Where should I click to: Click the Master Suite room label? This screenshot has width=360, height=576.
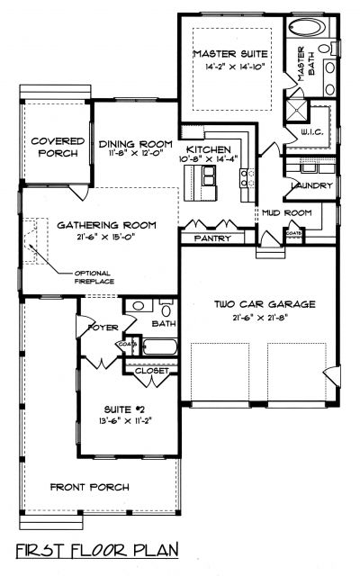point(230,54)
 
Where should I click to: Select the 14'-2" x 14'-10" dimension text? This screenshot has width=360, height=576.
point(235,67)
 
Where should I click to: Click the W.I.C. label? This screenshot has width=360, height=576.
point(312,132)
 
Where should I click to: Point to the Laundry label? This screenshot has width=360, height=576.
point(312,185)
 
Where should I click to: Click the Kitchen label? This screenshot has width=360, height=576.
point(209,149)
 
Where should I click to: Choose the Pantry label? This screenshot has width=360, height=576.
point(212,238)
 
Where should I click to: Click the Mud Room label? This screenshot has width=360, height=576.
point(287,212)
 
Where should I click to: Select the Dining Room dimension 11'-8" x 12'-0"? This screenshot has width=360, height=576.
point(136,154)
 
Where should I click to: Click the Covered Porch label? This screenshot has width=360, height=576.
point(58,147)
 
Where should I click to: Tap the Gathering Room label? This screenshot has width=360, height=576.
point(106,225)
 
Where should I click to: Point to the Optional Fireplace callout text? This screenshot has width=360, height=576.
point(94,277)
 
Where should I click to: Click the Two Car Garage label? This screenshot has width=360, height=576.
point(265,304)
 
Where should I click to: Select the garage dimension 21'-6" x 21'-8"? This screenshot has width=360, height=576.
point(259,318)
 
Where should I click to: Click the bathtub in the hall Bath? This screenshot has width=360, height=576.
point(160,346)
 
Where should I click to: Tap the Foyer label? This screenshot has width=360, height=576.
point(103,328)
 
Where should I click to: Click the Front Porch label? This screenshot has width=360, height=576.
point(90,487)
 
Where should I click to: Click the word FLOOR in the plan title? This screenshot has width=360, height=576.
point(99,550)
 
